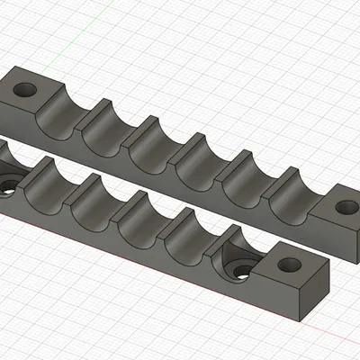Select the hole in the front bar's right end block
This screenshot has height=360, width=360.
(x=289, y=265)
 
